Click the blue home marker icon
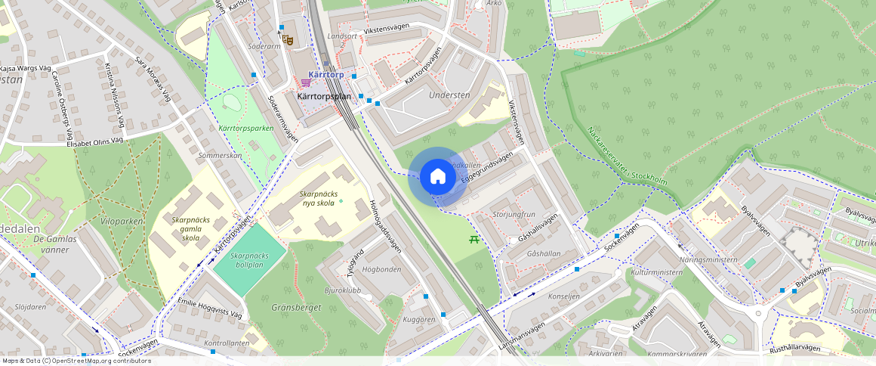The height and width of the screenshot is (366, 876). click(437, 177)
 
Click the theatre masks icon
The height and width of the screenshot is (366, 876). click(287, 38)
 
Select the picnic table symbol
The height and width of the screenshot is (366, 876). click(474, 239)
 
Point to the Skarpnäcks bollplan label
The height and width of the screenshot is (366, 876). click(249, 261)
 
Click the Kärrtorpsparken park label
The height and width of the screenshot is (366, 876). click(245, 129)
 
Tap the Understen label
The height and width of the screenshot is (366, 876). click(449, 95)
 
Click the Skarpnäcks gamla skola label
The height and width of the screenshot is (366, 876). click(186, 228)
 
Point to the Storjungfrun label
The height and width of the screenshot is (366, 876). click(514, 215)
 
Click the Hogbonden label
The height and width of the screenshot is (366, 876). click(381, 268)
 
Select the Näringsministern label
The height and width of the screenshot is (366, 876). click(708, 259)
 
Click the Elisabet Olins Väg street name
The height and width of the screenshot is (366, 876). click(94, 141)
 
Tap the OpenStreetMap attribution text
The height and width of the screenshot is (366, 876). click(76, 361)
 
